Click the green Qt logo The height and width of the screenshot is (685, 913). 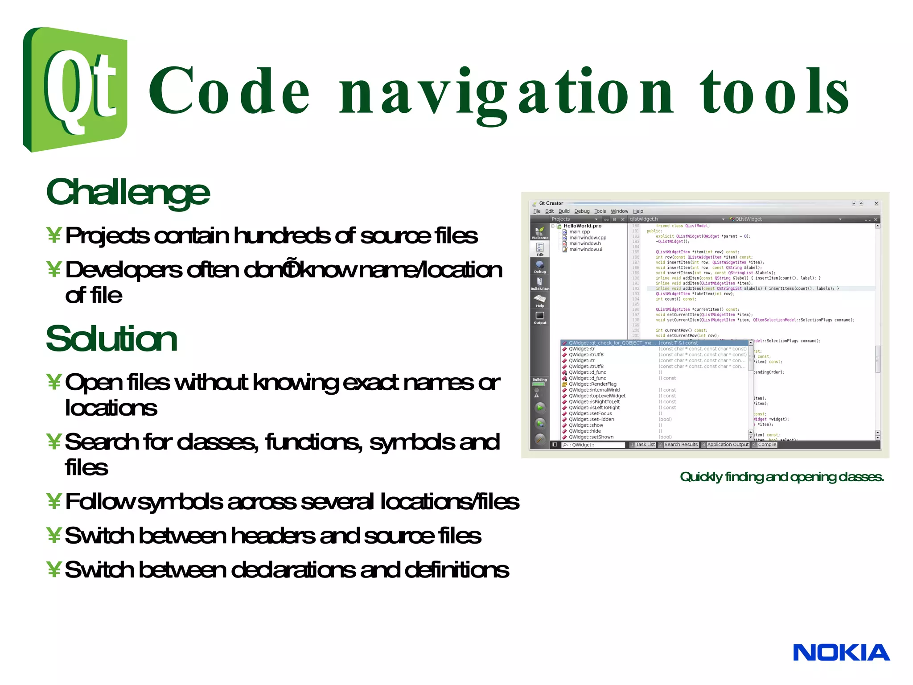point(75,89)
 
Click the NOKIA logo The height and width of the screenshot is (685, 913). point(841,652)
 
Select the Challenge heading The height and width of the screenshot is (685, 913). point(127,193)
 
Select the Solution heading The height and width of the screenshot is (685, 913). point(111,339)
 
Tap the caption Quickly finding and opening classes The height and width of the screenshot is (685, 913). point(781,477)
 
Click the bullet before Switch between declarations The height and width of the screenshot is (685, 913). point(53,569)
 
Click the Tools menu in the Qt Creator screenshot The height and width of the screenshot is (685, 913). point(600,211)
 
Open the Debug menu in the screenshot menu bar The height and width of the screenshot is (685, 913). point(582,211)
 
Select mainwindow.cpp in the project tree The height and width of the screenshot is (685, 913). point(588,238)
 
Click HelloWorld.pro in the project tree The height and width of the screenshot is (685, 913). point(582,226)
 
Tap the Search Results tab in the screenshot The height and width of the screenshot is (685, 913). point(680,445)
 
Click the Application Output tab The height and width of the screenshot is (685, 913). point(728,445)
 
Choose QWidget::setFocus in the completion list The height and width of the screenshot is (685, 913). point(590,413)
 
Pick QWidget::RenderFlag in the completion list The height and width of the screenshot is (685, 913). point(592,384)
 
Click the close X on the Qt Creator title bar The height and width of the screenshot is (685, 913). point(876,203)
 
